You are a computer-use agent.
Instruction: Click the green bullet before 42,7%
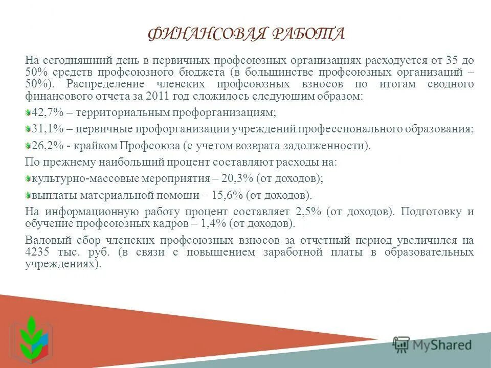(28, 112)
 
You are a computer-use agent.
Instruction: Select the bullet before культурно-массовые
(28, 178)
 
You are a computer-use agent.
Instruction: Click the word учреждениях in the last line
(61, 265)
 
